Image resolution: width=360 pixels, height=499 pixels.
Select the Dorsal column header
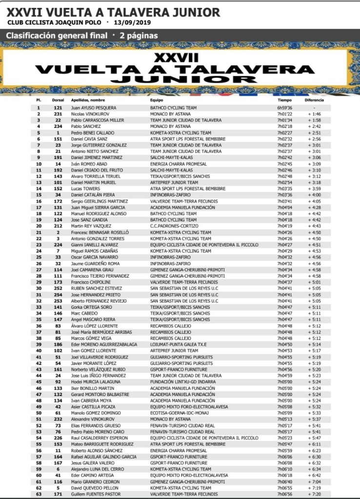click(58, 100)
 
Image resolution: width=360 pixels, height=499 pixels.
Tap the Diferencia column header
click(314, 100)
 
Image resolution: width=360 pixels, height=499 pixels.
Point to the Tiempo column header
click(284, 100)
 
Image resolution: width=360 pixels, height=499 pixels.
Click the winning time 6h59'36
click(284, 107)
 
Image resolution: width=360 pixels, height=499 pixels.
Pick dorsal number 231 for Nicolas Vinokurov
click(58, 114)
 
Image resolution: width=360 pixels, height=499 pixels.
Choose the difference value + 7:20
click(315, 495)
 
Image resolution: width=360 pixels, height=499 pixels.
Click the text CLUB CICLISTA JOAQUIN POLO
click(55, 22)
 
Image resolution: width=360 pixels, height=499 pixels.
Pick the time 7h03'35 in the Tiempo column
click(284, 188)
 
